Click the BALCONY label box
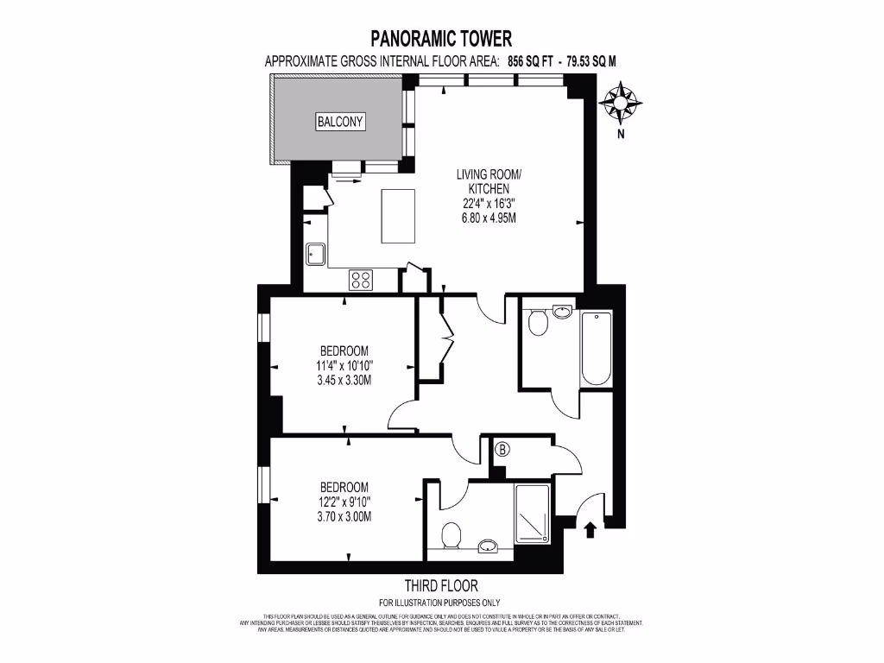click(340, 122)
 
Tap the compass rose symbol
click(620, 102)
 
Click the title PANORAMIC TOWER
click(441, 38)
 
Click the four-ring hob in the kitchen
click(361, 279)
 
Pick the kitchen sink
click(314, 254)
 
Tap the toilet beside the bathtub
click(538, 323)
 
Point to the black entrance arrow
click(591, 528)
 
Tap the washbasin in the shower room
click(489, 545)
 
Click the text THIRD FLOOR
click(440, 585)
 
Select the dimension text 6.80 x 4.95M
click(488, 218)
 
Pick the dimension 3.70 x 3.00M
click(344, 516)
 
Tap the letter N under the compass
click(620, 135)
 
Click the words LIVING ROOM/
click(489, 174)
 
